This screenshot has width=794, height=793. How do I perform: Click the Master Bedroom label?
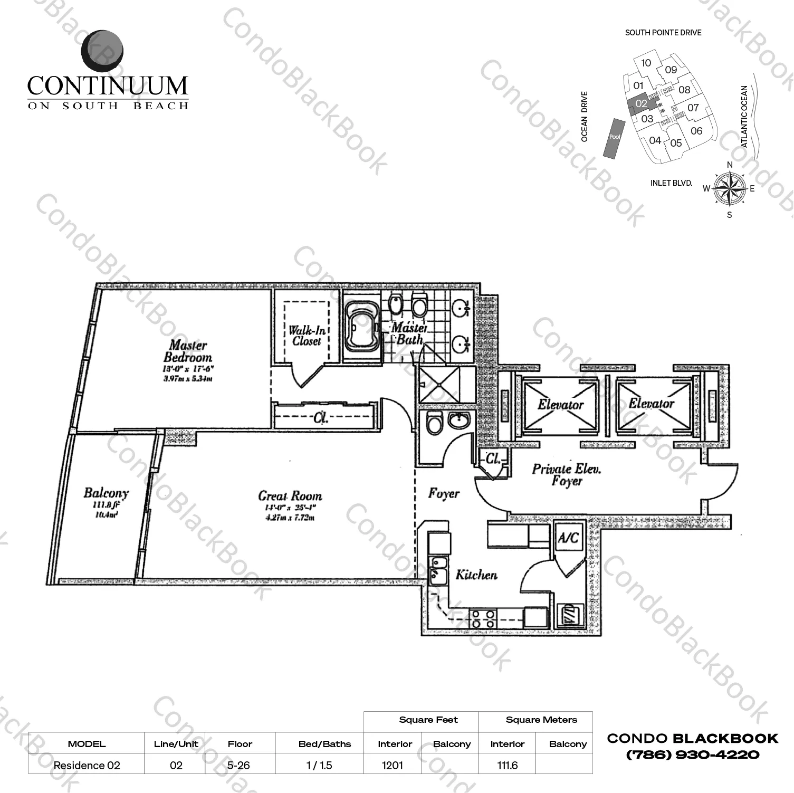point(188,351)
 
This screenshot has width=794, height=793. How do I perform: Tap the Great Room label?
point(290,496)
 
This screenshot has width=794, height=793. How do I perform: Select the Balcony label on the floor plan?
point(106,493)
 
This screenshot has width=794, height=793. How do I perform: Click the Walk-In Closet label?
point(307,336)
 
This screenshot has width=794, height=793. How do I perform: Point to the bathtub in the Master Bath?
point(361,329)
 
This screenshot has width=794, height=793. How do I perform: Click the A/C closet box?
point(569,538)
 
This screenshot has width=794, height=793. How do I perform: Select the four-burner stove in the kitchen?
point(483,618)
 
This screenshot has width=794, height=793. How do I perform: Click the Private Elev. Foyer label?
point(567,474)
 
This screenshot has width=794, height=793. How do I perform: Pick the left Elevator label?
point(560,405)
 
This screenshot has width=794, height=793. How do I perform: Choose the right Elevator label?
point(651,404)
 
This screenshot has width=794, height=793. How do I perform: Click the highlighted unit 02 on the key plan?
point(640,104)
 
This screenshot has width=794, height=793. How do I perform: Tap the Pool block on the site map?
point(615,137)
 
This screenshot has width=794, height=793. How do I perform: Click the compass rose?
point(729,189)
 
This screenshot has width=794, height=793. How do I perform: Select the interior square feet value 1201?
point(393,765)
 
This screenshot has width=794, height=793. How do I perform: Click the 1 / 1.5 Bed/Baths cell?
point(319,765)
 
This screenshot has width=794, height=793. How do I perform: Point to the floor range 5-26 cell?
point(239,765)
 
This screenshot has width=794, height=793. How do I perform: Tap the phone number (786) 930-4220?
point(692,755)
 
